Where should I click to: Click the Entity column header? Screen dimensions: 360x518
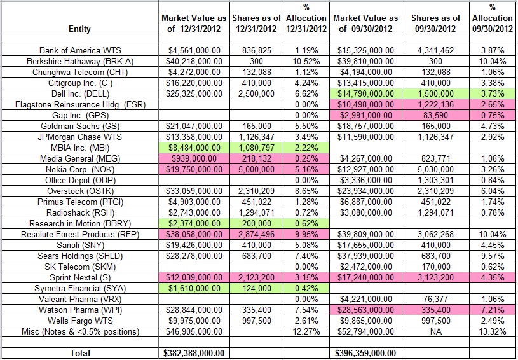pyautogui.click(x=78, y=29)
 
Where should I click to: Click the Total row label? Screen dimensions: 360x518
pyautogui.click(x=78, y=353)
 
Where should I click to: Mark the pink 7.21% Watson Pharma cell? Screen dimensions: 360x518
pyautogui.click(x=493, y=310)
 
